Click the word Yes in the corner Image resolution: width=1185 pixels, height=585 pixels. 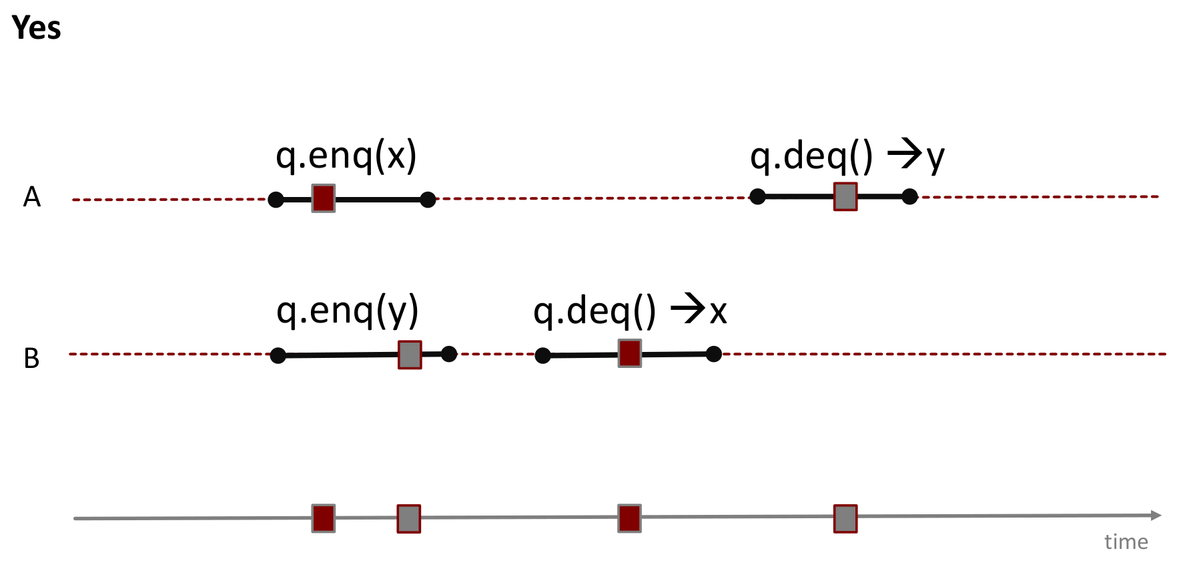point(37,28)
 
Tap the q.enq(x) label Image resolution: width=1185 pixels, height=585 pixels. point(346,156)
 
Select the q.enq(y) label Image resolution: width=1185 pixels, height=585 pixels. point(348,311)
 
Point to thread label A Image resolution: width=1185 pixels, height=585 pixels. point(32,197)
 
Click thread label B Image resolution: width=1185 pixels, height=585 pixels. point(31,359)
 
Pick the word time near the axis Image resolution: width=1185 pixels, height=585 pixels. point(1126,542)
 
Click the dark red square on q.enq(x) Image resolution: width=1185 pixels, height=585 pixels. point(324,198)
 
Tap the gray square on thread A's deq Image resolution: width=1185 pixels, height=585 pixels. point(845,197)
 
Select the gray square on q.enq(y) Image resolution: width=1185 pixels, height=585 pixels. point(410,355)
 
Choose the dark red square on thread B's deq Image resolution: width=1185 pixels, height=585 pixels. point(630,353)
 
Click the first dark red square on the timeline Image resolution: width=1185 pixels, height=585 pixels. point(324,518)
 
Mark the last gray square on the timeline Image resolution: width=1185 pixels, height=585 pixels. point(845,519)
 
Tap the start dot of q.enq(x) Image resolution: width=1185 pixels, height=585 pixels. point(276,199)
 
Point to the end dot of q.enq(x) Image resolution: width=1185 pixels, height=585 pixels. point(428,199)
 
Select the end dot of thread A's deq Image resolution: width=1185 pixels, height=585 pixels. point(909,196)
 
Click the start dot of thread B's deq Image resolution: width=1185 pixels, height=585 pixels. point(543,355)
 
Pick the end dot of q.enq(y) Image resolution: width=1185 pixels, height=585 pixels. point(449,354)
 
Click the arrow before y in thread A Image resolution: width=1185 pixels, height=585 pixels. point(904,155)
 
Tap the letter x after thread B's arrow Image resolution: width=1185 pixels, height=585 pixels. point(718,312)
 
